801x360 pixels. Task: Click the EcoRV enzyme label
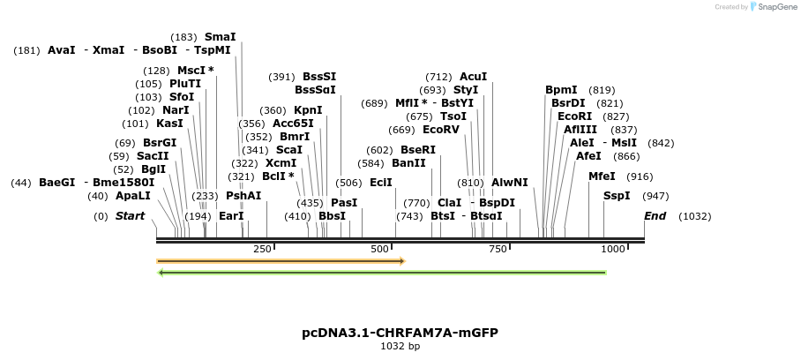pyautogui.click(x=441, y=130)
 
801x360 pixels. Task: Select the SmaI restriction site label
pyautogui.click(x=220, y=37)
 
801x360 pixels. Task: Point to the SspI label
pyautogui.click(x=617, y=196)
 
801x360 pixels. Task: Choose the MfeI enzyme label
pyautogui.click(x=602, y=176)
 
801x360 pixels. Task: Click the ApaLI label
pyautogui.click(x=133, y=196)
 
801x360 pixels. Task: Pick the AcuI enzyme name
pyautogui.click(x=474, y=77)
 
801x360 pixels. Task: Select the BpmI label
pyautogui.click(x=561, y=90)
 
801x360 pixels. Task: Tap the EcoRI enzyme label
pyautogui.click(x=574, y=116)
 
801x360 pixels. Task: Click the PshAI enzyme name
pyautogui.click(x=243, y=196)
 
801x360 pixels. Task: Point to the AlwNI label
pyautogui.click(x=510, y=183)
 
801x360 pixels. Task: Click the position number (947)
pyautogui.click(x=655, y=196)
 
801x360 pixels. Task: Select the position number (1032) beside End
pyautogui.click(x=694, y=216)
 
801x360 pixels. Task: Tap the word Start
pyautogui.click(x=130, y=216)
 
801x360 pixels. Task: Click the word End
pyautogui.click(x=655, y=216)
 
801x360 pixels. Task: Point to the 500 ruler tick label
pyautogui.click(x=380, y=249)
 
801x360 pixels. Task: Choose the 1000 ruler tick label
pyautogui.click(x=612, y=249)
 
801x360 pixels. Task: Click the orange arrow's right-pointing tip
pyautogui.click(x=402, y=261)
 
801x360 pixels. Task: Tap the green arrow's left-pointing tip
pyautogui.click(x=160, y=273)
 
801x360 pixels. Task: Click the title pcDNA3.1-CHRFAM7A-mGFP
pyautogui.click(x=400, y=333)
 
